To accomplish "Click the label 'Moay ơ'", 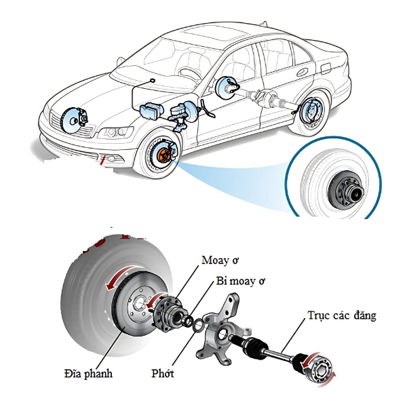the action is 220,260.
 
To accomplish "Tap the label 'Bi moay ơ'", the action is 240,281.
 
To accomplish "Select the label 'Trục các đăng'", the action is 342,315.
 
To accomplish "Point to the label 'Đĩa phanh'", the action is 88,373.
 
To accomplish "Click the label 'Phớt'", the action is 163,373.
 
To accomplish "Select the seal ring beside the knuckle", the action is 198,325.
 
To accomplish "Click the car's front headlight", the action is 116,132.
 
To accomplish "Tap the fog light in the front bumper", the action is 112,158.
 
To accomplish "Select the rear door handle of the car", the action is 302,72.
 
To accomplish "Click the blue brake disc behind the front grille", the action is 71,120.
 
